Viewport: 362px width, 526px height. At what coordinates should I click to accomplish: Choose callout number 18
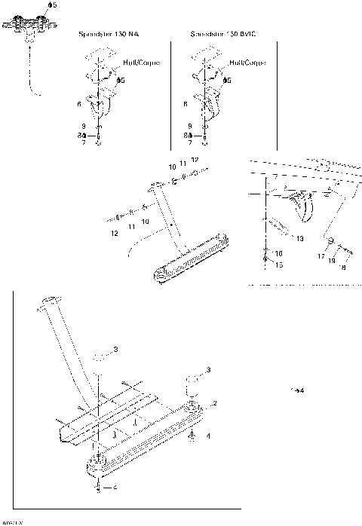coord(344,265)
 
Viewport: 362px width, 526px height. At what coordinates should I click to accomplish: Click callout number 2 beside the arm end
coord(215,404)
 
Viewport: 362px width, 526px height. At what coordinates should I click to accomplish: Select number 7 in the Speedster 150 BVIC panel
coord(190,142)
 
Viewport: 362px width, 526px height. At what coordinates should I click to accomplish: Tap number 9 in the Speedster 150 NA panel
coord(84,125)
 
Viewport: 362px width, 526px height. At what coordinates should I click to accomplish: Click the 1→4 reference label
coord(296,390)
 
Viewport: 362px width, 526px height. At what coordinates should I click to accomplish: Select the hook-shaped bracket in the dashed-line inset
coord(303,203)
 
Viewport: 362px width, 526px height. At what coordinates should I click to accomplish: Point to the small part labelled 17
coord(330,241)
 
